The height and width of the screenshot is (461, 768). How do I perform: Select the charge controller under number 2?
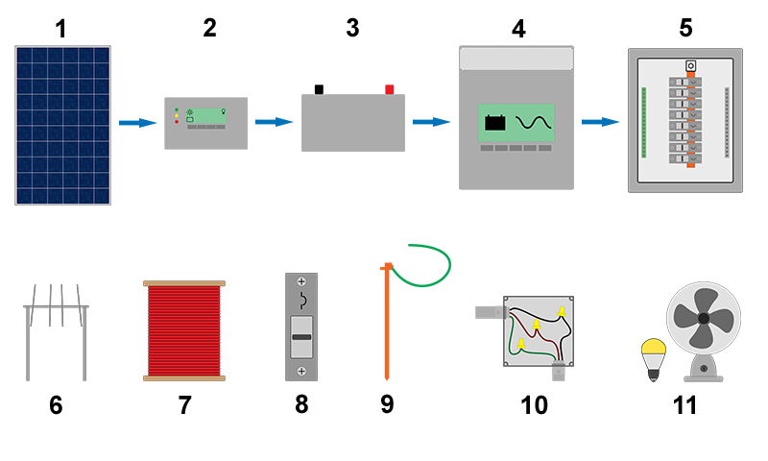(205, 123)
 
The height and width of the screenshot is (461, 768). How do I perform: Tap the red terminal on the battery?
(390, 89)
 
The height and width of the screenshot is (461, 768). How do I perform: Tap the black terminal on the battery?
(320, 88)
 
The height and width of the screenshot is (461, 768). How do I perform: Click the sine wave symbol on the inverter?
(534, 124)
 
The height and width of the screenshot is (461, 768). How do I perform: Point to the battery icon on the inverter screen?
(495, 123)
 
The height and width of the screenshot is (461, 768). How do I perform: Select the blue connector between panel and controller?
(137, 123)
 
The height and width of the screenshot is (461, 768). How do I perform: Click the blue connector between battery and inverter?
(431, 122)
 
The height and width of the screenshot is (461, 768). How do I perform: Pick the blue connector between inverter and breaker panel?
(601, 122)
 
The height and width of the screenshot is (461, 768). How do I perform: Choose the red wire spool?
(183, 330)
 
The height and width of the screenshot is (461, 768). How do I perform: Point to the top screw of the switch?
(301, 282)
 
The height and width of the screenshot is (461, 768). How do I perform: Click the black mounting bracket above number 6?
(56, 332)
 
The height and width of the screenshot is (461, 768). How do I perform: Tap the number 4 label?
(518, 29)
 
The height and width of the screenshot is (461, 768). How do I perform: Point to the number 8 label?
(301, 404)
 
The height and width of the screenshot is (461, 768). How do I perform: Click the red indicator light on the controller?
(176, 123)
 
